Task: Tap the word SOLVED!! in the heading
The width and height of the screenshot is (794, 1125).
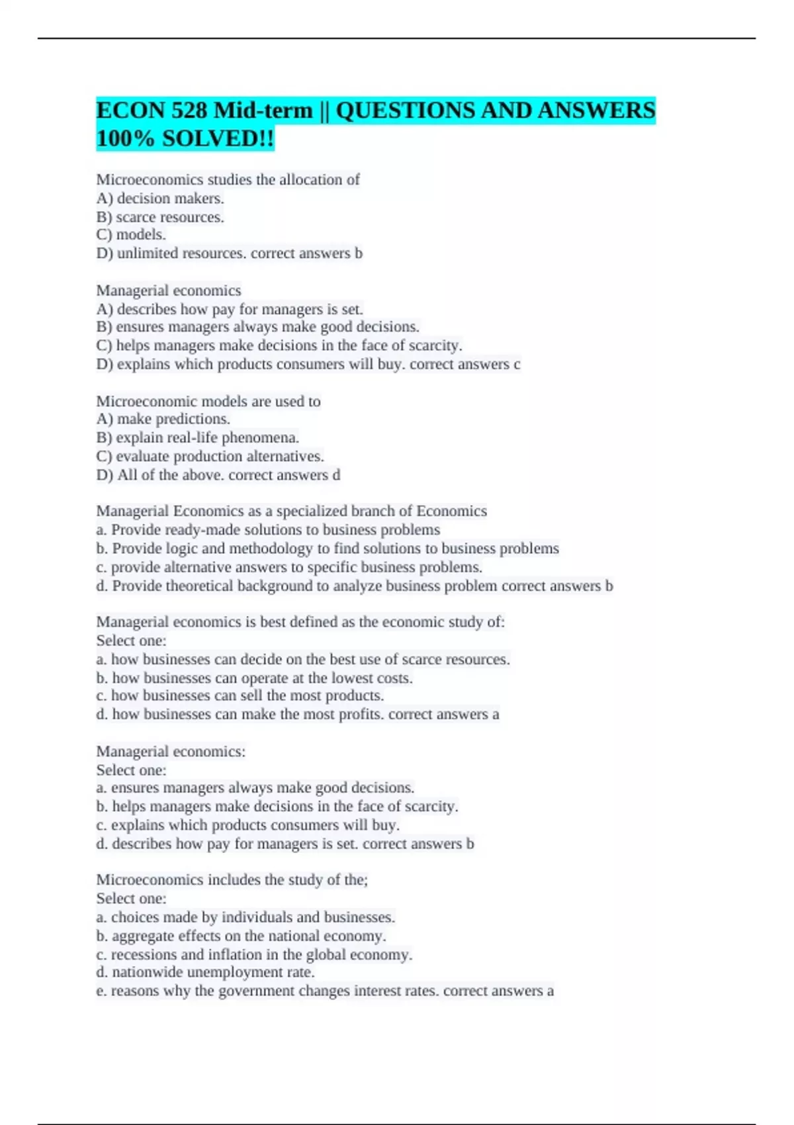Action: [x=218, y=139]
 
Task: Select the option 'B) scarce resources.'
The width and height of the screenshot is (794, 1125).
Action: [x=160, y=217]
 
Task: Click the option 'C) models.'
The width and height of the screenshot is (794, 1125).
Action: [x=131, y=235]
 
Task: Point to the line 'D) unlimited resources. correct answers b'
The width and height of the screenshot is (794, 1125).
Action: [x=229, y=253]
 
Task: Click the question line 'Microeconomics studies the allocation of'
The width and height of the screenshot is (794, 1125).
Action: [x=228, y=179]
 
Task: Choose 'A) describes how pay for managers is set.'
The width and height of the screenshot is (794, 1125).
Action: [x=229, y=309]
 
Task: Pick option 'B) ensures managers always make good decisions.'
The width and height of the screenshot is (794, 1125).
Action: [x=257, y=327]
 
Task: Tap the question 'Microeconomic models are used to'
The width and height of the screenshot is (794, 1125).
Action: [x=208, y=401]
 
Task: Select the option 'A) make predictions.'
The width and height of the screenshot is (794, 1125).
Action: [x=163, y=419]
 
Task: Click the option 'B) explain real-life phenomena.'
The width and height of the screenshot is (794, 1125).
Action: [x=197, y=437]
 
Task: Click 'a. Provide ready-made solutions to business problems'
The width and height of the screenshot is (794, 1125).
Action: [x=268, y=530]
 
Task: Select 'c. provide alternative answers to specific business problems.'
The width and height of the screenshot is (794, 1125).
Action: [x=289, y=567]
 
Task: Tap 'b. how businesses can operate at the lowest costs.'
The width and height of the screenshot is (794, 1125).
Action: [x=254, y=678]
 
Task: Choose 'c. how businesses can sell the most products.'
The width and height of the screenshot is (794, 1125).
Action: [x=240, y=696]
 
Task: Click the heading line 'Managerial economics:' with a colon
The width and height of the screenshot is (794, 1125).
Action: [x=171, y=752]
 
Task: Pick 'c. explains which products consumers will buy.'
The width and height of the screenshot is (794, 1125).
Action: [x=247, y=825]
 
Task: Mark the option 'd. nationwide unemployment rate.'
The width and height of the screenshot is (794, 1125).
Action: [x=205, y=972]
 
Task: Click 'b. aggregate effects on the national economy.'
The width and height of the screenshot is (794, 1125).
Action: [x=241, y=936]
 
